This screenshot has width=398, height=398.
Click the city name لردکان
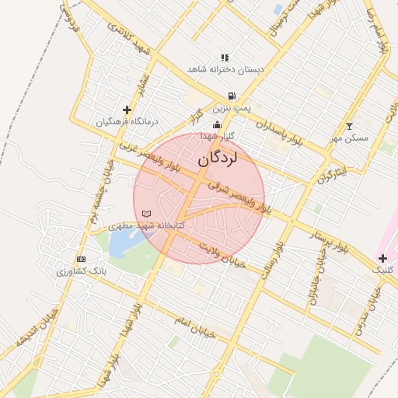click(x=228, y=159)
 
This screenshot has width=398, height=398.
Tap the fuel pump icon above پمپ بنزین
click(x=232, y=96)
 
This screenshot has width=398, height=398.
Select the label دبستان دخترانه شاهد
click(x=225, y=69)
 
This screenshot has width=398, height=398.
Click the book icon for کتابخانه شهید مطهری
click(x=146, y=213)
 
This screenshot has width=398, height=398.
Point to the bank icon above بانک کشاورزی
click(x=81, y=259)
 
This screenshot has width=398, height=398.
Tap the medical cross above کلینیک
click(x=382, y=257)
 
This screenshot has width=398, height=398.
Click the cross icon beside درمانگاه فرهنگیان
click(x=127, y=110)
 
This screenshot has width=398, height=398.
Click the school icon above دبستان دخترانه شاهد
click(x=225, y=57)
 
